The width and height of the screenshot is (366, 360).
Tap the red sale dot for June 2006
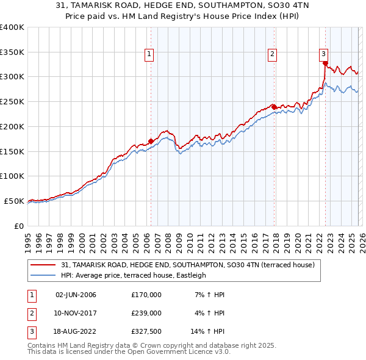pos(151,141)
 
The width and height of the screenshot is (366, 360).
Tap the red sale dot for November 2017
pos(274,107)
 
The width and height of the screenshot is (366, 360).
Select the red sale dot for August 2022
pos(325,63)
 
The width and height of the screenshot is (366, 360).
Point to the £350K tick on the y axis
pos(12,52)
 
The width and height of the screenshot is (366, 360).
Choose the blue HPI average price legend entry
pos(134,275)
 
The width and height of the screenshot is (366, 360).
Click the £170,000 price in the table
pos(146,295)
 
